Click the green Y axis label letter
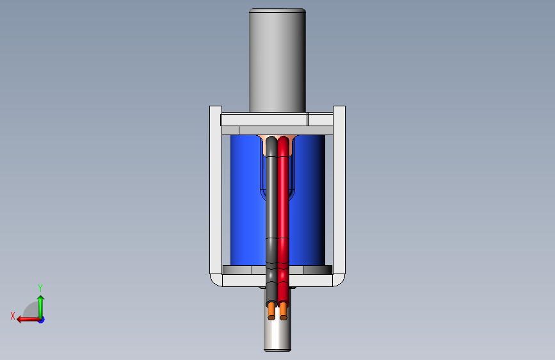(40, 288)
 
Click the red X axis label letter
(13, 316)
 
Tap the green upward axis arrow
(41, 307)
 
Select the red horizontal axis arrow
(28, 320)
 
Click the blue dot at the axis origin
(42, 320)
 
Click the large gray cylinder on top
(278, 61)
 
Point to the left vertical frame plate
(216, 192)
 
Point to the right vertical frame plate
(339, 192)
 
